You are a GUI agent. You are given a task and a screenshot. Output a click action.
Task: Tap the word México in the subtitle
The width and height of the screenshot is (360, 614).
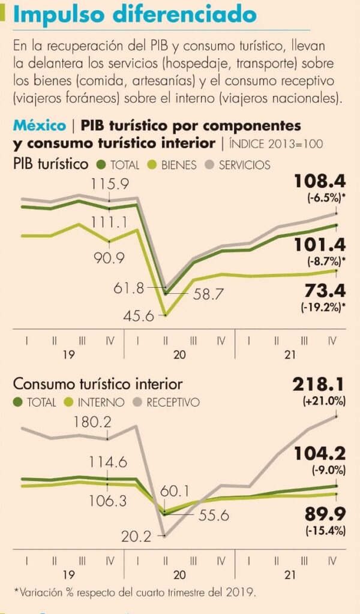(x=40, y=126)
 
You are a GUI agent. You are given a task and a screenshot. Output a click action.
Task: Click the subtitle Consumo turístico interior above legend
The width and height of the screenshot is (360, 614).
(x=98, y=384)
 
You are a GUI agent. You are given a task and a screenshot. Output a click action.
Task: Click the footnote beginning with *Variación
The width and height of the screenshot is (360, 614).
(x=135, y=592)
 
